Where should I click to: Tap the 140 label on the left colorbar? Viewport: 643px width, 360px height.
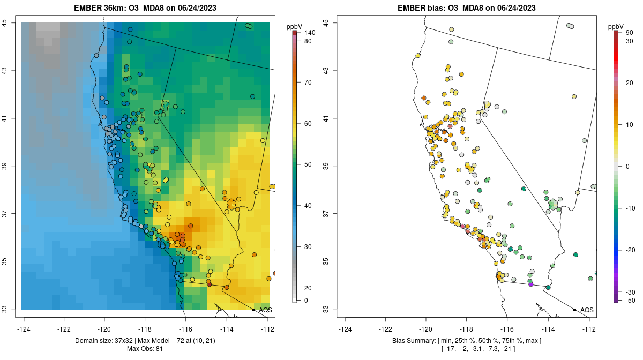click(x=309, y=33)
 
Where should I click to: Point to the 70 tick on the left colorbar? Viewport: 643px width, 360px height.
click(x=308, y=82)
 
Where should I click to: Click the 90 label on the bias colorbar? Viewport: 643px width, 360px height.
click(x=630, y=33)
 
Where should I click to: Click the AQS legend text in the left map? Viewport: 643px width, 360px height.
click(x=265, y=310)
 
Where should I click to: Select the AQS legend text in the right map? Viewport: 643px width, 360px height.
click(x=587, y=310)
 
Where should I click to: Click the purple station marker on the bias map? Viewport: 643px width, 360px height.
click(x=530, y=284)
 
